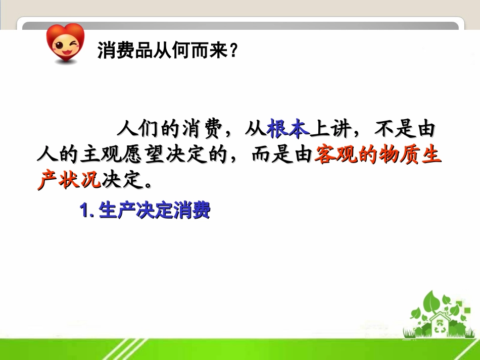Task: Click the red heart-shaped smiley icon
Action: pyautogui.click(x=65, y=43)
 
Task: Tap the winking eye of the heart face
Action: pyautogui.click(x=73, y=44)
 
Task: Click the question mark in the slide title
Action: pyautogui.click(x=233, y=50)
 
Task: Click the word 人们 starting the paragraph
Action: pyautogui.click(x=137, y=128)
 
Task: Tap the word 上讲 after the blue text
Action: pyautogui.click(x=330, y=128)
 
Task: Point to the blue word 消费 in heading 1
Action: pyautogui.click(x=191, y=210)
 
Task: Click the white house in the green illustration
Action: pyautogui.click(x=440, y=324)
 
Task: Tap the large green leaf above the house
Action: pyautogui.click(x=432, y=301)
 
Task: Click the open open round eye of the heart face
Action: pyautogui.click(x=59, y=46)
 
